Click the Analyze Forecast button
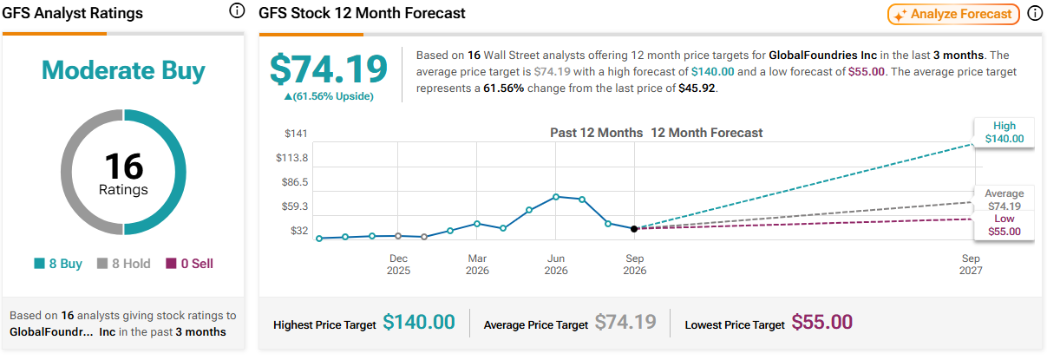pyautogui.click(x=953, y=14)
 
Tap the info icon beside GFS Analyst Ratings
pyautogui.click(x=237, y=10)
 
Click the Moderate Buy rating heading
pyautogui.click(x=123, y=70)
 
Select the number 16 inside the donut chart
pyautogui.click(x=124, y=167)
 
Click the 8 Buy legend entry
pyautogui.click(x=58, y=264)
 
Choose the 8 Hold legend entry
pyautogui.click(x=124, y=264)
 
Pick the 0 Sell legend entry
pyautogui.click(x=189, y=264)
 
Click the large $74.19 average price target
pyautogui.click(x=329, y=69)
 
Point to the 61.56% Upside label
pyautogui.click(x=329, y=96)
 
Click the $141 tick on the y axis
pyautogui.click(x=296, y=134)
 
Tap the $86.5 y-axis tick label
pyautogui.click(x=294, y=182)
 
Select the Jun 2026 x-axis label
pyautogui.click(x=556, y=265)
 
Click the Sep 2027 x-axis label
pyautogui.click(x=971, y=265)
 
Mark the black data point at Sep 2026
pyautogui.click(x=634, y=229)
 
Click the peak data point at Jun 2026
pyautogui.click(x=556, y=197)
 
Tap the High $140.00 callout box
pyautogui.click(x=1004, y=133)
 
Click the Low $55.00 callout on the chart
pyautogui.click(x=1004, y=226)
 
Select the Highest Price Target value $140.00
pyautogui.click(x=419, y=323)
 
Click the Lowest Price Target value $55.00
pyautogui.click(x=821, y=323)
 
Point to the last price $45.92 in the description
pyautogui.click(x=697, y=88)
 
